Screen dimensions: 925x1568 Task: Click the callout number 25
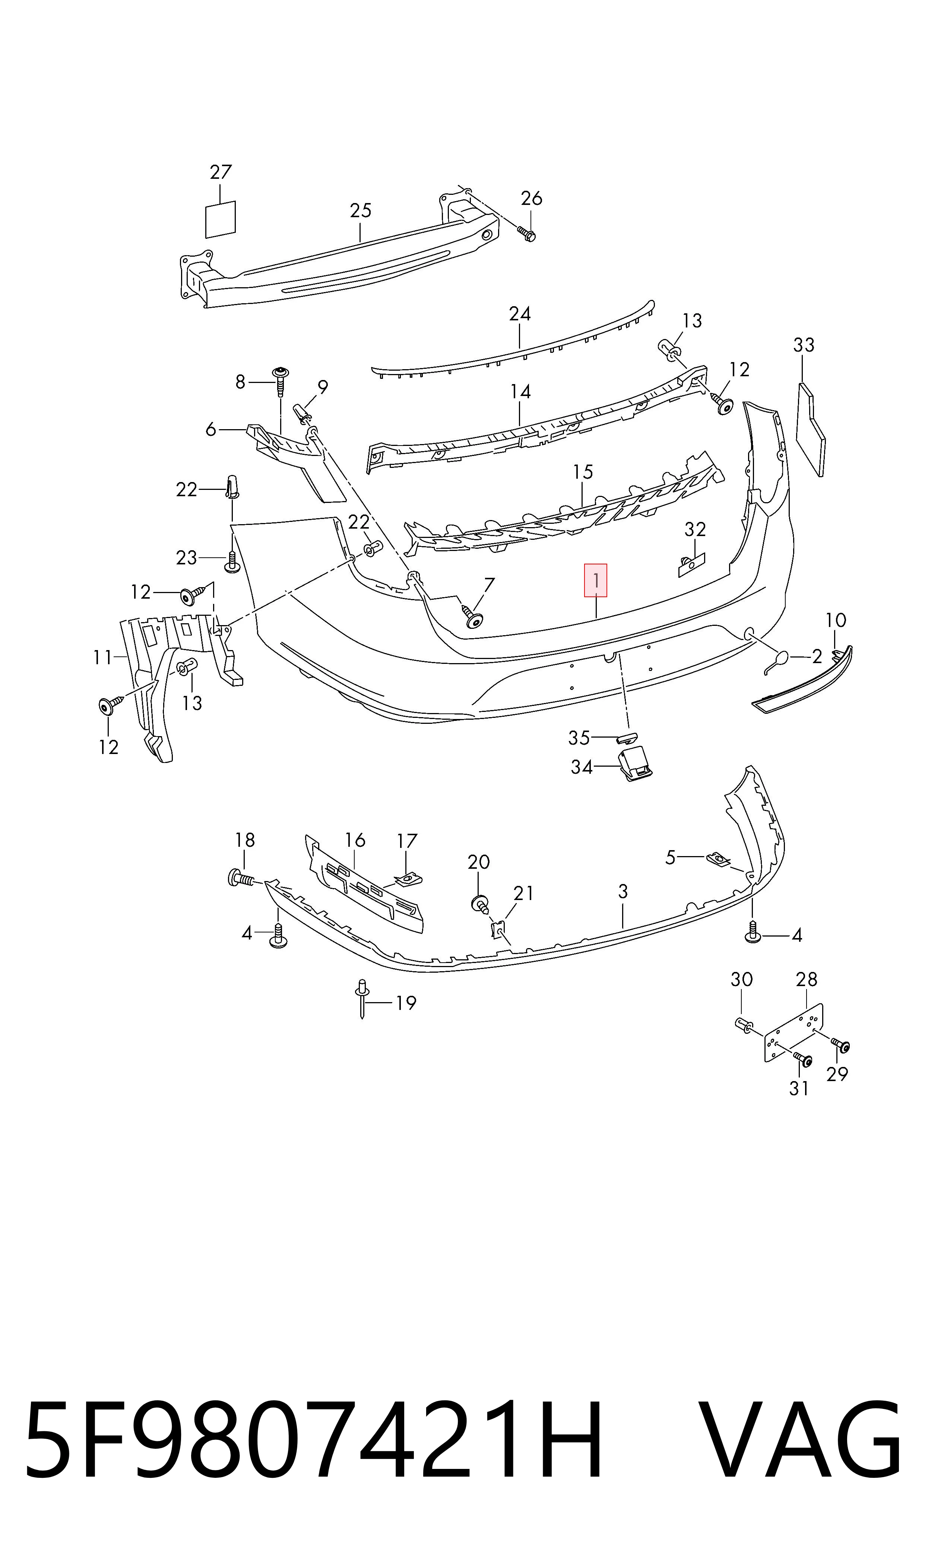tap(360, 210)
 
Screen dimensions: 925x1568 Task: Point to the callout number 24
tap(520, 313)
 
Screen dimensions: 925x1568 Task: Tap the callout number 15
tap(583, 472)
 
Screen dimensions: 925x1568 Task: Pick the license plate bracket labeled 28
tap(793, 1033)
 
